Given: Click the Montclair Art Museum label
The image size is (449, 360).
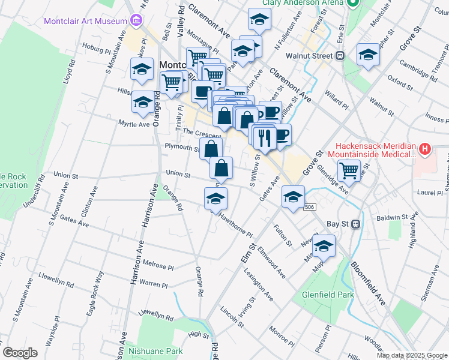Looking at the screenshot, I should pyautogui.click(x=85, y=22).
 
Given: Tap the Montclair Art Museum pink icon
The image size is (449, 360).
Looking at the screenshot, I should pyautogui.click(x=136, y=22).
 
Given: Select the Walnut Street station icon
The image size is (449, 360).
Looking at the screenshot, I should pyautogui.click(x=340, y=56).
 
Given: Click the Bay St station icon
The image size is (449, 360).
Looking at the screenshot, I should pyautogui.click(x=355, y=224).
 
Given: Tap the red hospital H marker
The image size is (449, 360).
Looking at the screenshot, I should pyautogui.click(x=425, y=149).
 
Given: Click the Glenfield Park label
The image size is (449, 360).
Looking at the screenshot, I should pyautogui.click(x=328, y=295).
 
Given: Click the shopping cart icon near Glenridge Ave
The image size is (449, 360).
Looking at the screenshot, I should pyautogui.click(x=349, y=170).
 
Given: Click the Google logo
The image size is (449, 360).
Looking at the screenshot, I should pyautogui.click(x=20, y=353).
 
